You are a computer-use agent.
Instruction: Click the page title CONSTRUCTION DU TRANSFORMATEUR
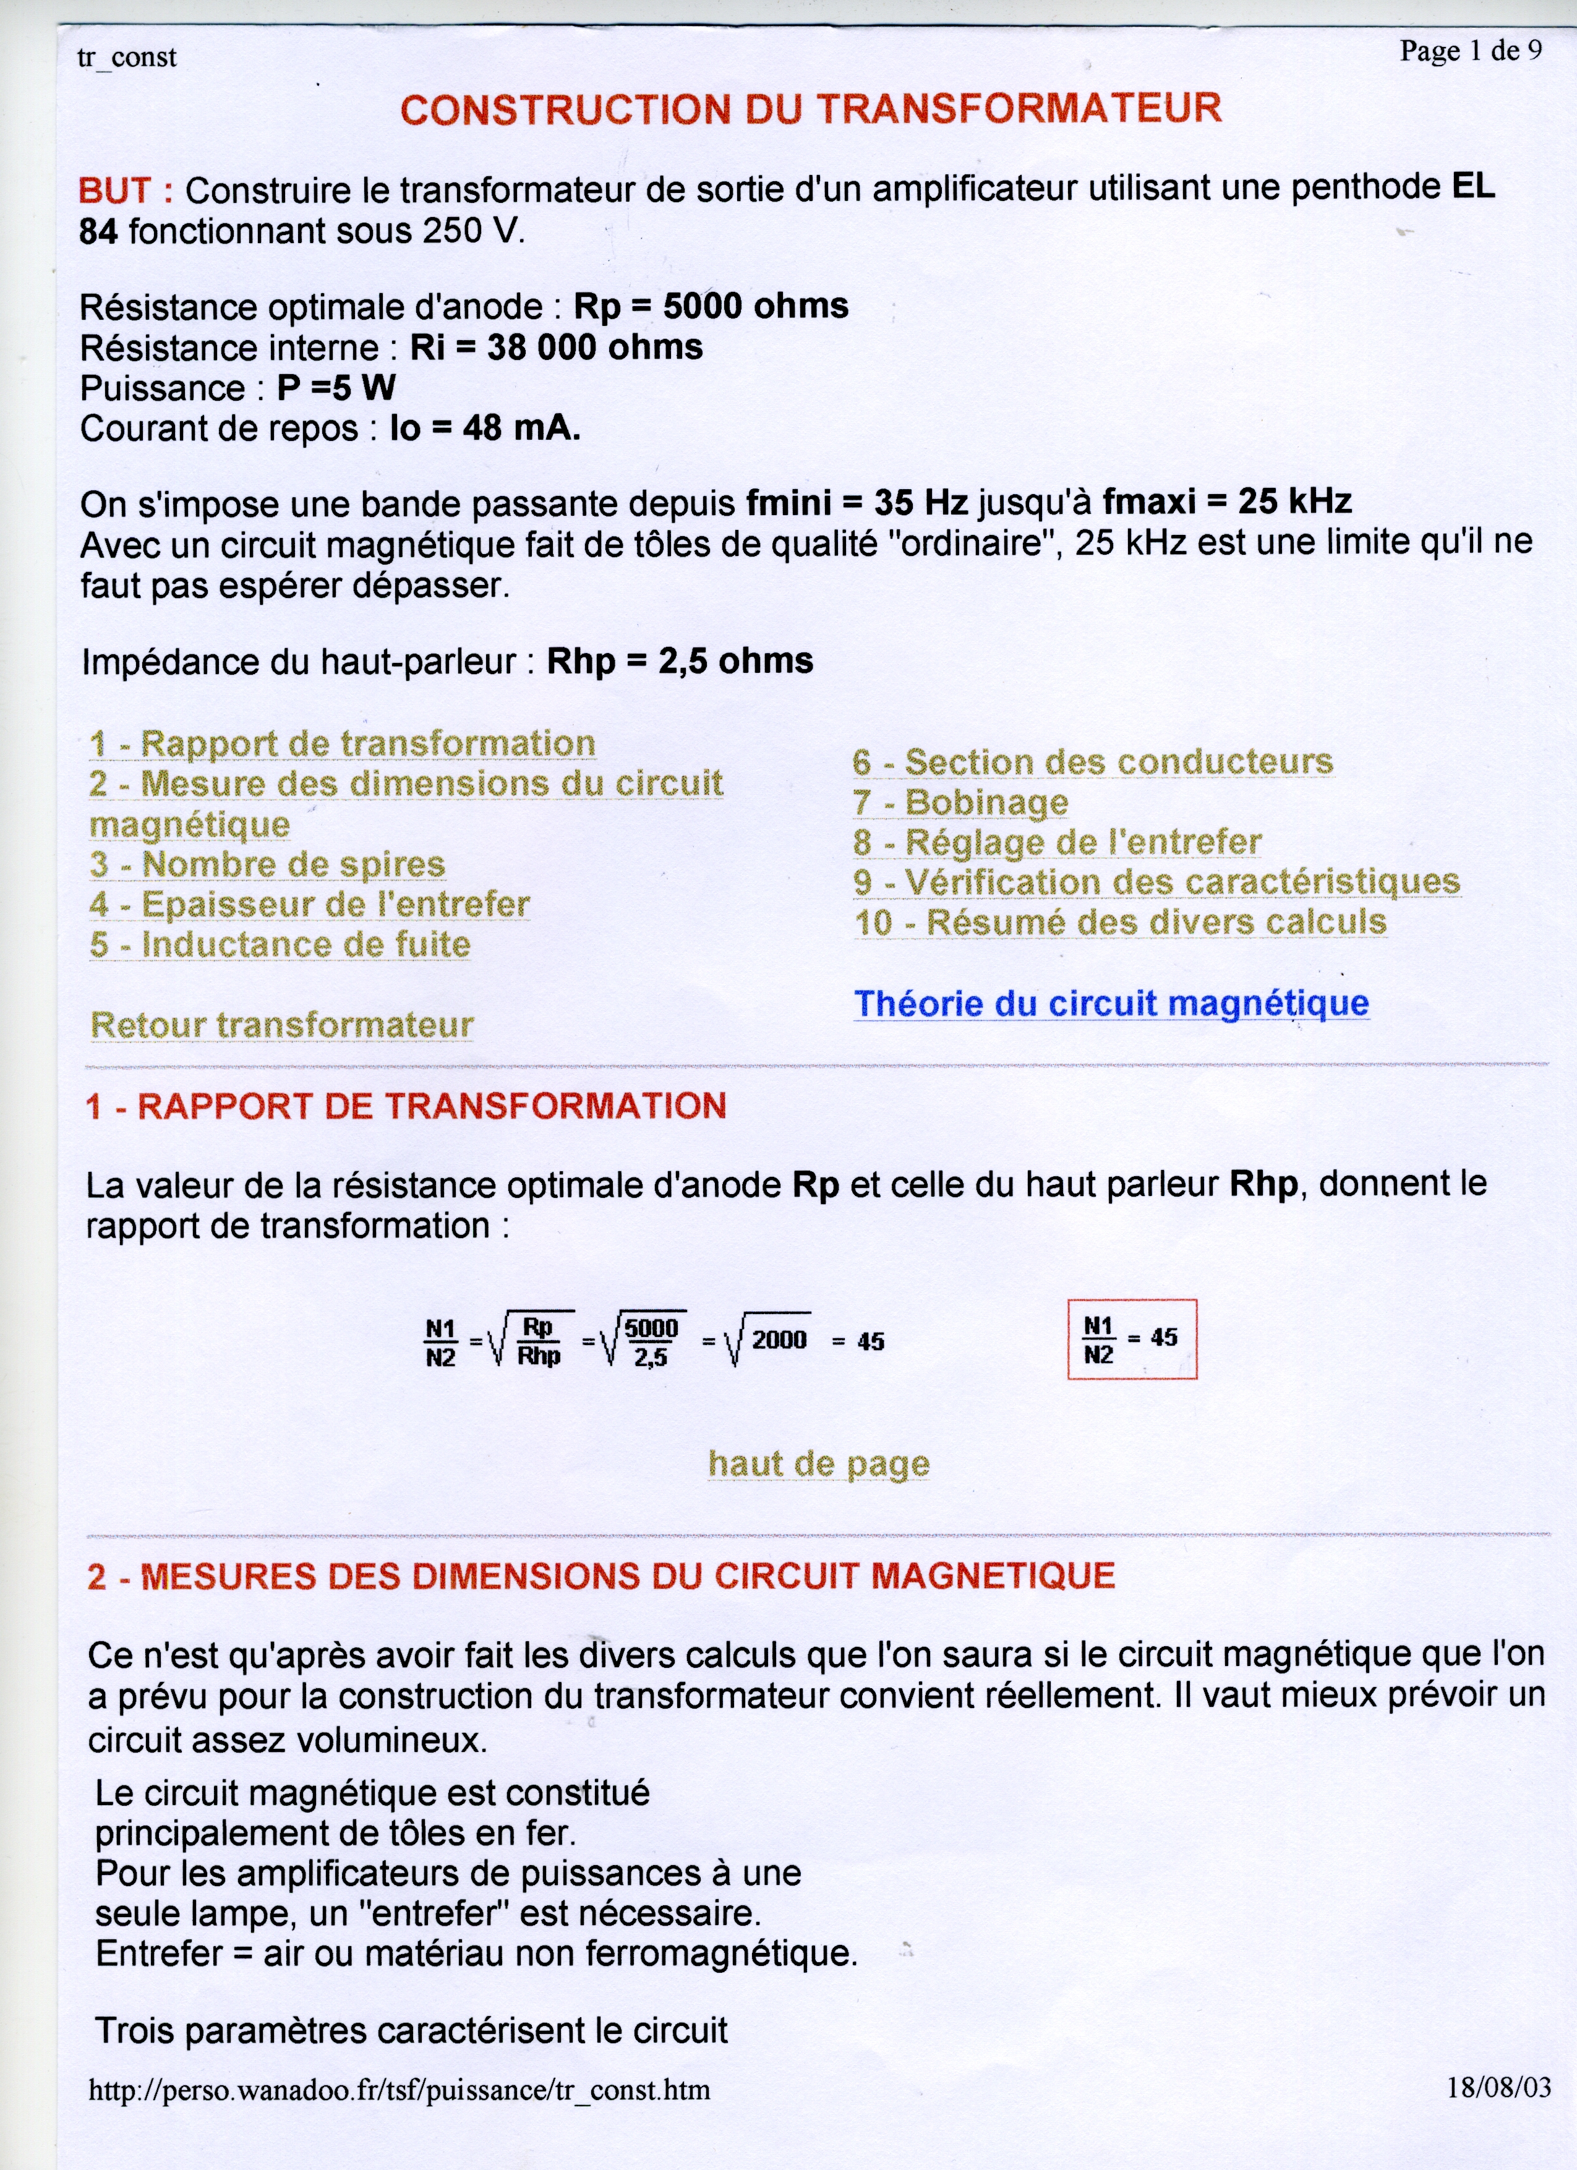811,109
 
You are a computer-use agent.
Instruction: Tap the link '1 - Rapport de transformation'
343,743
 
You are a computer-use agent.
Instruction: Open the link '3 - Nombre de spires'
268,864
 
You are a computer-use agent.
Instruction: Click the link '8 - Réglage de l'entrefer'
1058,842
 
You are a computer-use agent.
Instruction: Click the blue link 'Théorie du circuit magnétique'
1111,1002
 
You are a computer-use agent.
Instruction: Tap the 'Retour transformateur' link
282,1025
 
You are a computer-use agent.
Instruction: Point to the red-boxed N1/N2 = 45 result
1131,1339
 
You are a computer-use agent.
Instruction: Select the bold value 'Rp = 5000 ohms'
711,306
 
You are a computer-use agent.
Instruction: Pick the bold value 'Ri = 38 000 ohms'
557,348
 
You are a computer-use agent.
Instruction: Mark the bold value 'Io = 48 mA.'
485,428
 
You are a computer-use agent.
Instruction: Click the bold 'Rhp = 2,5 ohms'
680,661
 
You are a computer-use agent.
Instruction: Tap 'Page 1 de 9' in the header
1471,52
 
